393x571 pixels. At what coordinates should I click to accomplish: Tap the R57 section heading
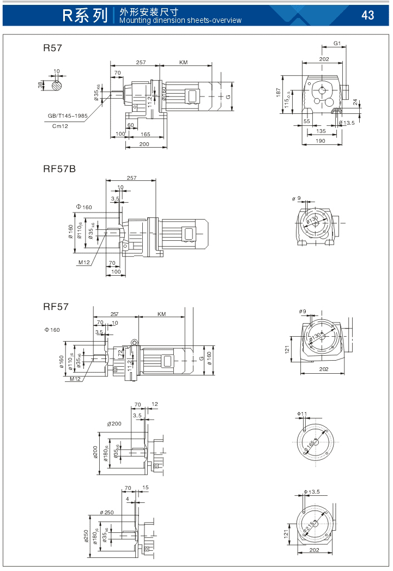pyautogui.click(x=52, y=48)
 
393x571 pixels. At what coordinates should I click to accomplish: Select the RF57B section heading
pyautogui.click(x=59, y=169)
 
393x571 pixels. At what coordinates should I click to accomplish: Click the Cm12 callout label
pyautogui.click(x=60, y=126)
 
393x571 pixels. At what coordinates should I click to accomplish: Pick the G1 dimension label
pyautogui.click(x=337, y=43)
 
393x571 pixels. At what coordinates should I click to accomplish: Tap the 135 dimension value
pyautogui.click(x=322, y=131)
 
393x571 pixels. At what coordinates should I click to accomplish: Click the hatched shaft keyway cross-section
pyautogui.click(x=57, y=84)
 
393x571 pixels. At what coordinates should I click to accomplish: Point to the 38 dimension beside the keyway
pyautogui.click(x=41, y=84)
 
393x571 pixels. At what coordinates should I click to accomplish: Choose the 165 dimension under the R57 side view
pyautogui.click(x=146, y=134)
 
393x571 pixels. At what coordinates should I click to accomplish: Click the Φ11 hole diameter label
pyautogui.click(x=303, y=415)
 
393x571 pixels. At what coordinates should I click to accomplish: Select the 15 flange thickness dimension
pyautogui.click(x=145, y=487)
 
